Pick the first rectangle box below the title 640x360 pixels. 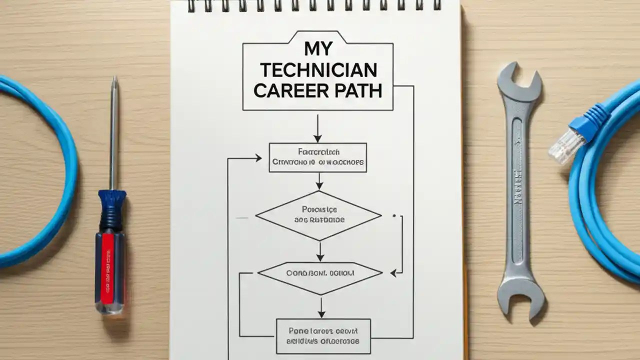pos(318,157)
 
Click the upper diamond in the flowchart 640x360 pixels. pos(318,215)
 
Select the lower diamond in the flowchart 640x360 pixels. pos(320,273)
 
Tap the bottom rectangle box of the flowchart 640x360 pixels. pos(323,336)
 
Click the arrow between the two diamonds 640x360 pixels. pos(320,251)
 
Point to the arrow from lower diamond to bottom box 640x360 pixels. pos(321,306)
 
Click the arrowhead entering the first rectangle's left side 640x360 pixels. pos(257,158)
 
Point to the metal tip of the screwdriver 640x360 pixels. pos(114,82)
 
